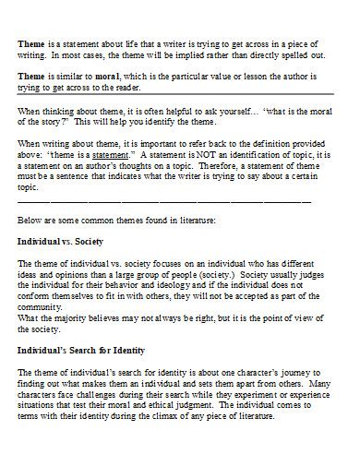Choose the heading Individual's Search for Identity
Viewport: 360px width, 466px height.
tap(81, 351)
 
